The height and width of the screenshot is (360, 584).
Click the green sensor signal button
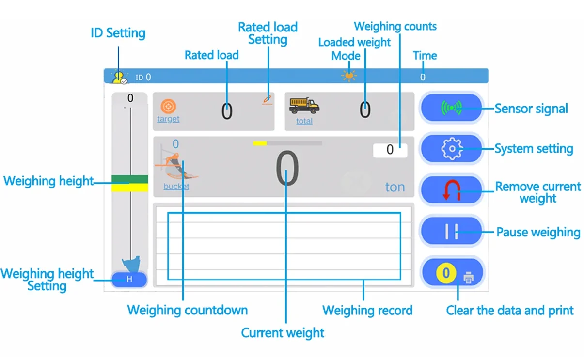(451, 108)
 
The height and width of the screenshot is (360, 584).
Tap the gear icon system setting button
(451, 149)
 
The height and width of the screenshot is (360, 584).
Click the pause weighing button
(451, 231)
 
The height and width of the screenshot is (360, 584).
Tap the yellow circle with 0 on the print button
(446, 273)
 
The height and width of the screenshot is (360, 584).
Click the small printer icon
(469, 277)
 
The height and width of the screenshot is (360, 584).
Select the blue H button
(129, 280)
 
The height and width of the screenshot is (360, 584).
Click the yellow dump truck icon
(304, 106)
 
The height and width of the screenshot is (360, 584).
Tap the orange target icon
(168, 106)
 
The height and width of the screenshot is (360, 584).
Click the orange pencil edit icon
(267, 100)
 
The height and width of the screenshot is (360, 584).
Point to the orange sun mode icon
(349, 76)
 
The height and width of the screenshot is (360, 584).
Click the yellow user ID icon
(119, 78)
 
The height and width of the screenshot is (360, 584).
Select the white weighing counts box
(390, 150)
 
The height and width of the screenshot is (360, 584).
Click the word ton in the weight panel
(395, 187)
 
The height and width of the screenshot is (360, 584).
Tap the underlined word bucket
(176, 187)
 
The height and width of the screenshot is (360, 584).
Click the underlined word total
(304, 121)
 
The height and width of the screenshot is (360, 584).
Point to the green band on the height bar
(130, 179)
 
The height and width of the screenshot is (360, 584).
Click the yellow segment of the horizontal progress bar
(260, 143)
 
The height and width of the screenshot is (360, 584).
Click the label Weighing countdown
(188, 310)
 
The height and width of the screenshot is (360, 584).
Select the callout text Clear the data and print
(510, 311)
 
